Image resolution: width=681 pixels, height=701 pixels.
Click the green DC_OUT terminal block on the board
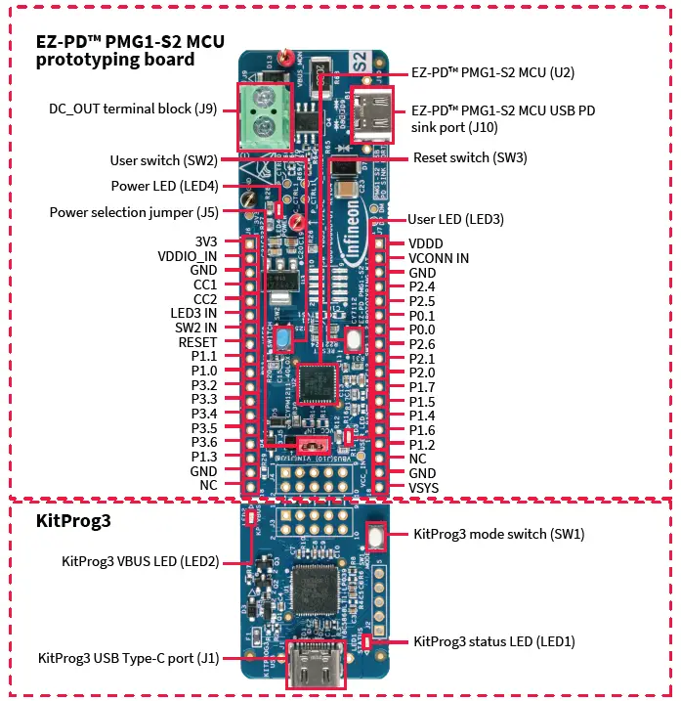265,112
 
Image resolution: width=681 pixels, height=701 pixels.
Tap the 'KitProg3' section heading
73,521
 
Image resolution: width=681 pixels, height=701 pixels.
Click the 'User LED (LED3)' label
456,219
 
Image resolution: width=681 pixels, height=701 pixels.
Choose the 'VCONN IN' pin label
439,258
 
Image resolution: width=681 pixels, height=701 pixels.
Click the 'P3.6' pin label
204,442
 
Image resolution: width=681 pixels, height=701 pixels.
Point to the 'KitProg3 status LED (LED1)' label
494,641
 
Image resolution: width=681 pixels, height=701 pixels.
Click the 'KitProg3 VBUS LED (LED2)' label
141,561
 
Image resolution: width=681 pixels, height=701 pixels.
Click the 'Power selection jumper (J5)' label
134,212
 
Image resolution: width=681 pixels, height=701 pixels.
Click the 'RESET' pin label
197,342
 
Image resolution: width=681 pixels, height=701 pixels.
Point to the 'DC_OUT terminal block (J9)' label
133,109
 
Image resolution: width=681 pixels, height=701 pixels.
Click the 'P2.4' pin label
422,286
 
